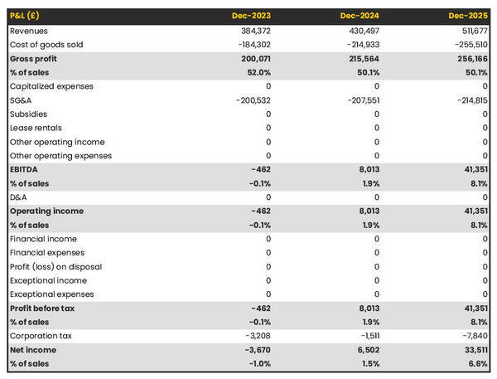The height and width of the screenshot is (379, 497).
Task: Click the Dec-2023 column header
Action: (250, 16)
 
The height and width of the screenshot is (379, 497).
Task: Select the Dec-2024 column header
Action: (360, 16)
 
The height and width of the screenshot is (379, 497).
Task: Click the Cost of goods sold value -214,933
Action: (359, 44)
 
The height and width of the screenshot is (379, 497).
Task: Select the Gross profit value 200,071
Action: (253, 59)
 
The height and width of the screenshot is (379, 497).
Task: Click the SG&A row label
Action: (22, 100)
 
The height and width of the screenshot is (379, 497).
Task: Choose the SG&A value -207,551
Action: (359, 100)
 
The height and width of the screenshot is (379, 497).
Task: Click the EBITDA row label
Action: (24, 169)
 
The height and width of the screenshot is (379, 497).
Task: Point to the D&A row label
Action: (18, 197)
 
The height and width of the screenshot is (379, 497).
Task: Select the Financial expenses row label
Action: (47, 253)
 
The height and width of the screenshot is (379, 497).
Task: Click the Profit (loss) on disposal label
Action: (55, 266)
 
